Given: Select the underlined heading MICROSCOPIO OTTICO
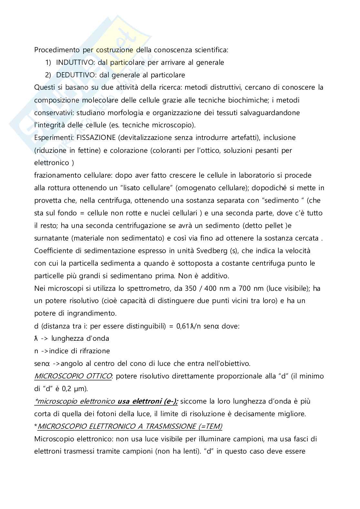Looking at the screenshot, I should coord(73,376).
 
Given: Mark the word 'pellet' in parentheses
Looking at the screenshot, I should coord(274,226).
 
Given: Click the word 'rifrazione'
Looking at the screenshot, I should coord(94,351).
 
